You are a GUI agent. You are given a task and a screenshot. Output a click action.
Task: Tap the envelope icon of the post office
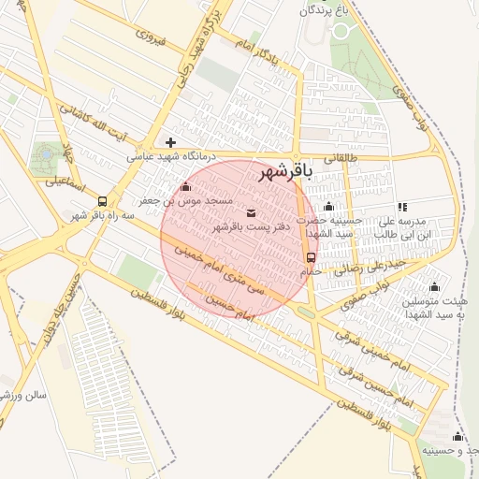(x=251, y=212)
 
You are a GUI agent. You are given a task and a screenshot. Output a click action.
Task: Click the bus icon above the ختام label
(x=311, y=256)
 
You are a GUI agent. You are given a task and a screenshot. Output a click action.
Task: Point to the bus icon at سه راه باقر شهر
(x=102, y=200)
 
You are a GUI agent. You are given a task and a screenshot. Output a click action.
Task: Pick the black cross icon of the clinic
(x=170, y=142)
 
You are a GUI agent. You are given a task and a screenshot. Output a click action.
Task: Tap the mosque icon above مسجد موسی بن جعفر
(x=185, y=186)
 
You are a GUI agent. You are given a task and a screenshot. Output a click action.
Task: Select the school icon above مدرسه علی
(x=402, y=207)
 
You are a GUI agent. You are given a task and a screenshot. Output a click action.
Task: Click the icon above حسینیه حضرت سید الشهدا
(x=328, y=207)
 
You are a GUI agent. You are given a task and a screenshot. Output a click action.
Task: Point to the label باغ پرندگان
(x=330, y=10)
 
